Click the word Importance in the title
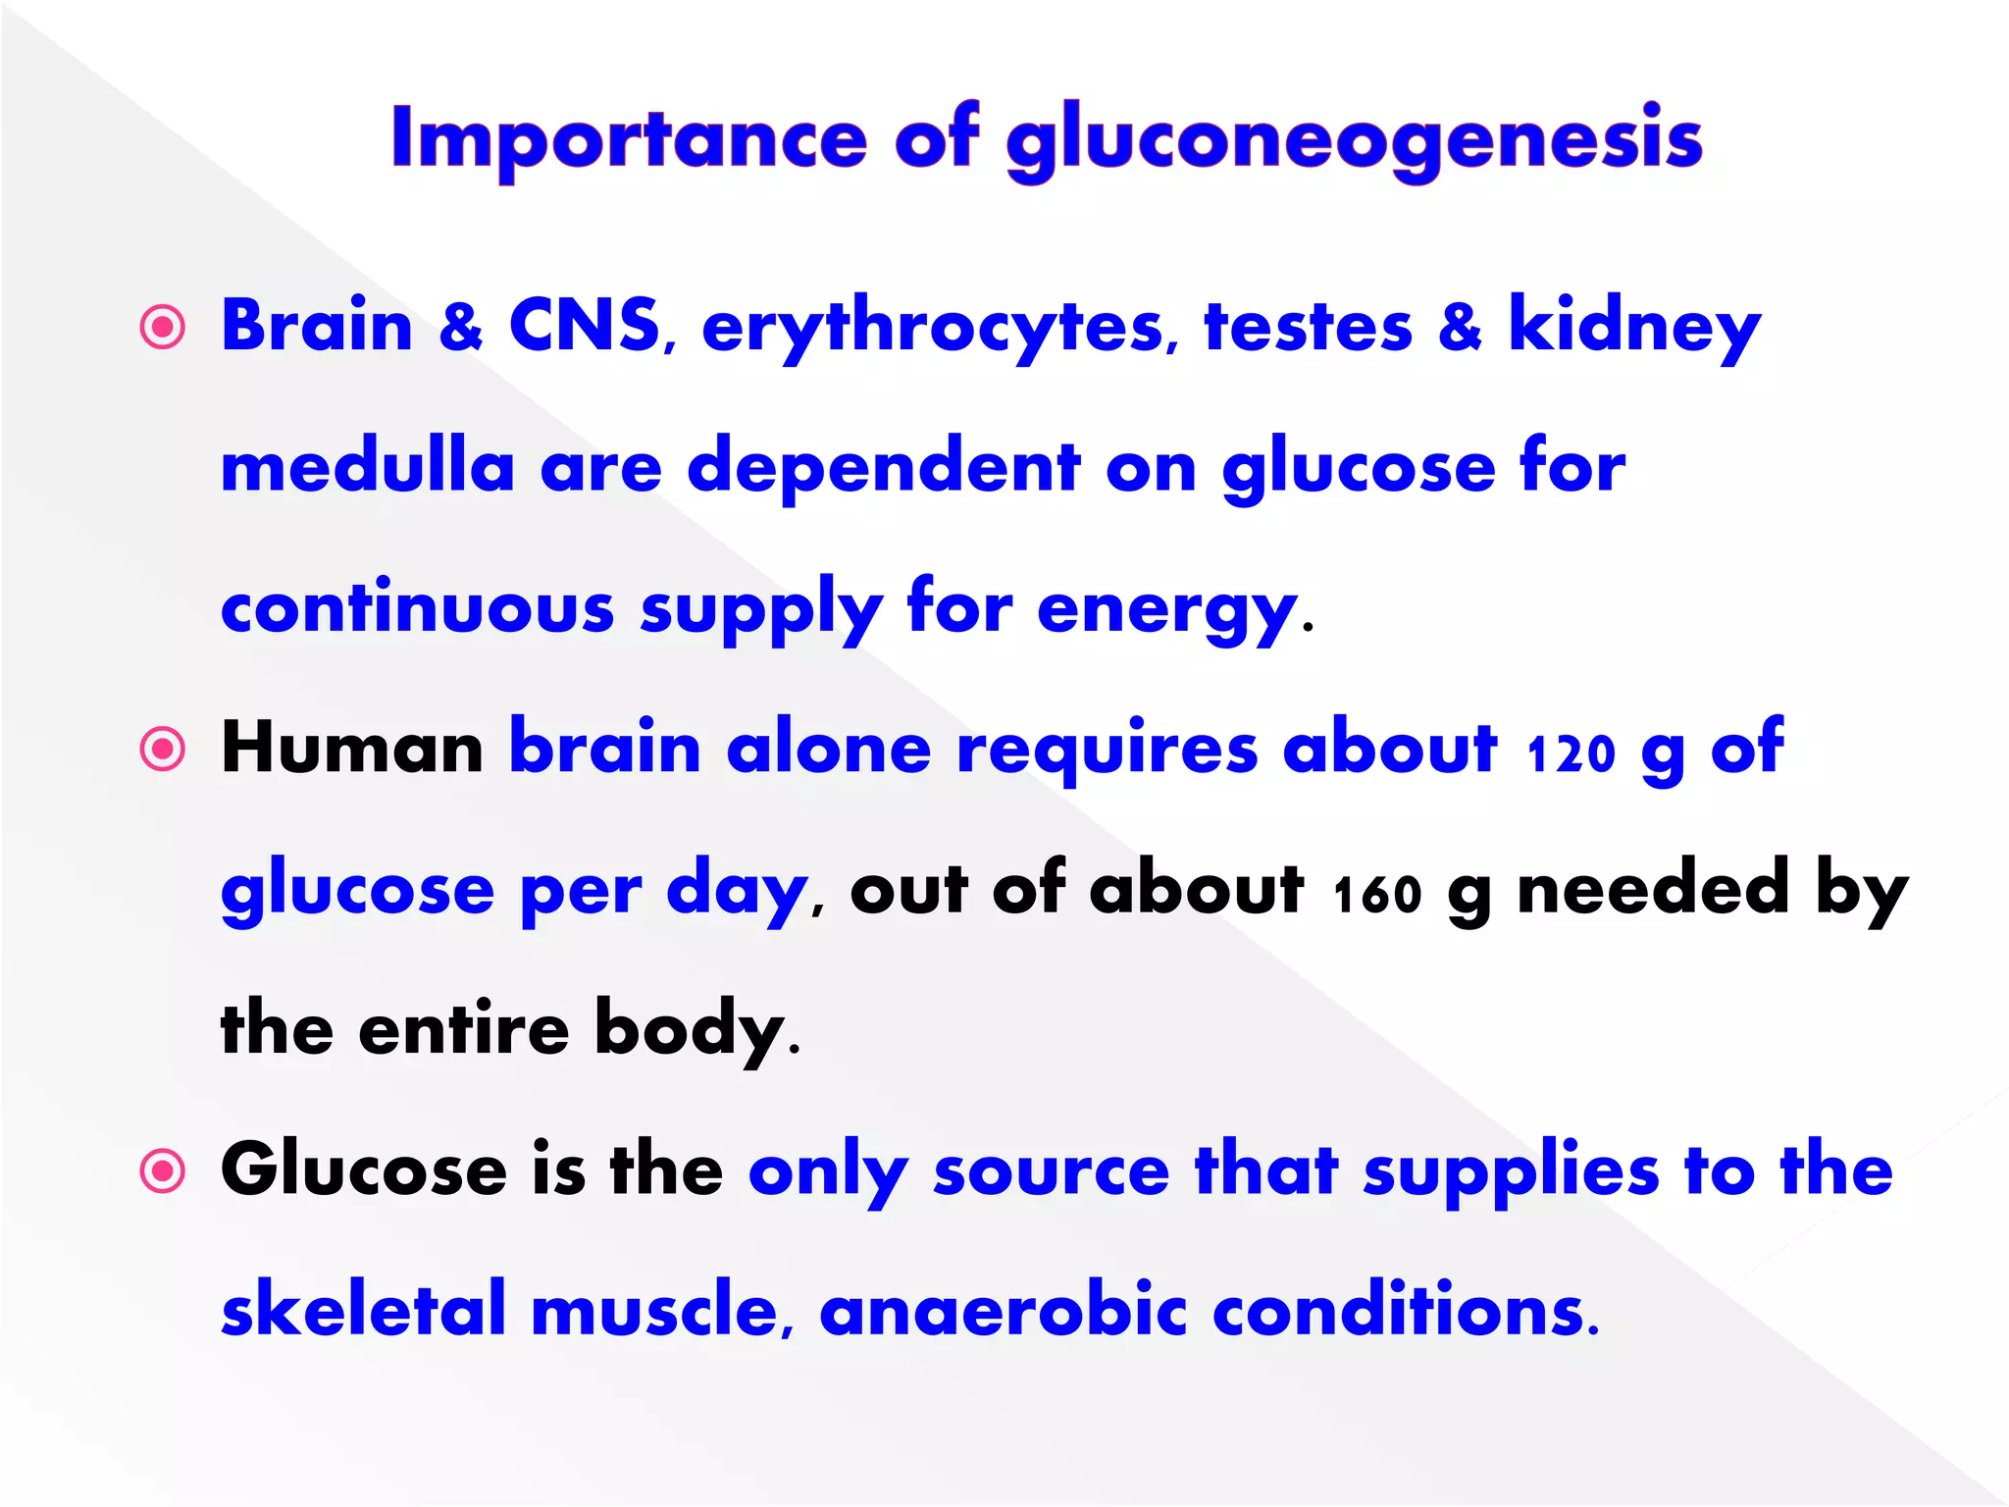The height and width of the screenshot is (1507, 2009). pos(629,139)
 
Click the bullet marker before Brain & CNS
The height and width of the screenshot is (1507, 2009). pos(163,328)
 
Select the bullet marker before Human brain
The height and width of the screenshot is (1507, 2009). pos(163,751)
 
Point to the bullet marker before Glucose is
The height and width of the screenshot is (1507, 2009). pos(163,1171)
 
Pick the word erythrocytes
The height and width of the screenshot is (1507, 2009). pos(933,329)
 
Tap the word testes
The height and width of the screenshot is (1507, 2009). pos(1309,327)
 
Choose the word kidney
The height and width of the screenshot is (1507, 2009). pos(1634,329)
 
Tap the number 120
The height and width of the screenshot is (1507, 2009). pos(1571,753)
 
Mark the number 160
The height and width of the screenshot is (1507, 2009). pos(1377,894)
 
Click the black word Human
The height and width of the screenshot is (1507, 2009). pos(352,749)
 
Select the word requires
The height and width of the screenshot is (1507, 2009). pos(1107,751)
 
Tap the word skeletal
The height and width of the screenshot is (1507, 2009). pos(364,1312)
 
